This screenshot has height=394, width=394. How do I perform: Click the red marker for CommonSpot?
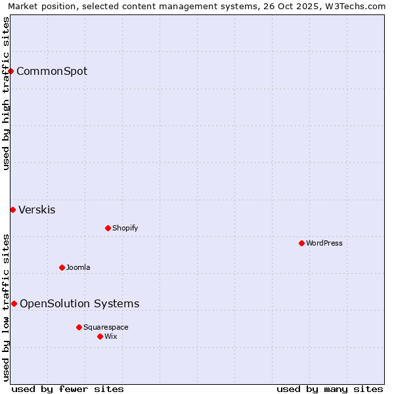point(11,71)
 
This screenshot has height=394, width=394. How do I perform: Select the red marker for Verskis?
point(12,209)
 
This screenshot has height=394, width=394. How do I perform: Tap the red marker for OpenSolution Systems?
point(14,303)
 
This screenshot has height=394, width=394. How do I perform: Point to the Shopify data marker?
point(108,228)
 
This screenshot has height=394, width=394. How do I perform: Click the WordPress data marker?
point(301,243)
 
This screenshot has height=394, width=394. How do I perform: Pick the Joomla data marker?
point(62,267)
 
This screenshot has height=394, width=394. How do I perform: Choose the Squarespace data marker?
point(79,327)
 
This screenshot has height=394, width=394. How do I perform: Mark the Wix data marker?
point(100,336)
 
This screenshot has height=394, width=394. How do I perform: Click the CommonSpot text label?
point(52,72)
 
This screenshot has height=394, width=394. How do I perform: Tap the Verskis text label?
point(37,210)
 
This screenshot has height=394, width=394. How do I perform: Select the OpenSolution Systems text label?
point(79,303)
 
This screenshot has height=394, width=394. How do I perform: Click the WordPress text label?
point(324,243)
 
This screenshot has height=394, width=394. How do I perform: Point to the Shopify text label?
point(125,228)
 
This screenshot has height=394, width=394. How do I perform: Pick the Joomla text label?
point(78,267)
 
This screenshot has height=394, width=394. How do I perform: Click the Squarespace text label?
point(106,327)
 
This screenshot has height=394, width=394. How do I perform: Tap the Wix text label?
point(111,336)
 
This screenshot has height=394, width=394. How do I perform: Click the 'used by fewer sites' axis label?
point(68,389)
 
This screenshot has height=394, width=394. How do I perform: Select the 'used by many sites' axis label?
point(330,389)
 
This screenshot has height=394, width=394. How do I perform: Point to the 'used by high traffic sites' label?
point(6,93)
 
